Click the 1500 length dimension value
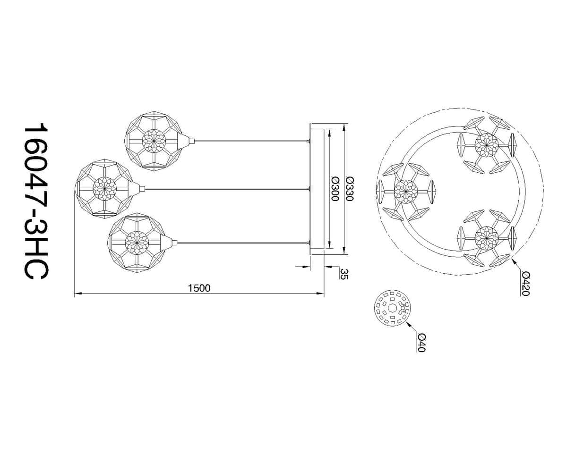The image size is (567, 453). coord(199,288)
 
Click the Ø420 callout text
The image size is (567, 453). coord(525,284)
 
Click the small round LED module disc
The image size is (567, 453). coord(393,308)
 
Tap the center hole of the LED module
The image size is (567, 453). coord(393,308)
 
